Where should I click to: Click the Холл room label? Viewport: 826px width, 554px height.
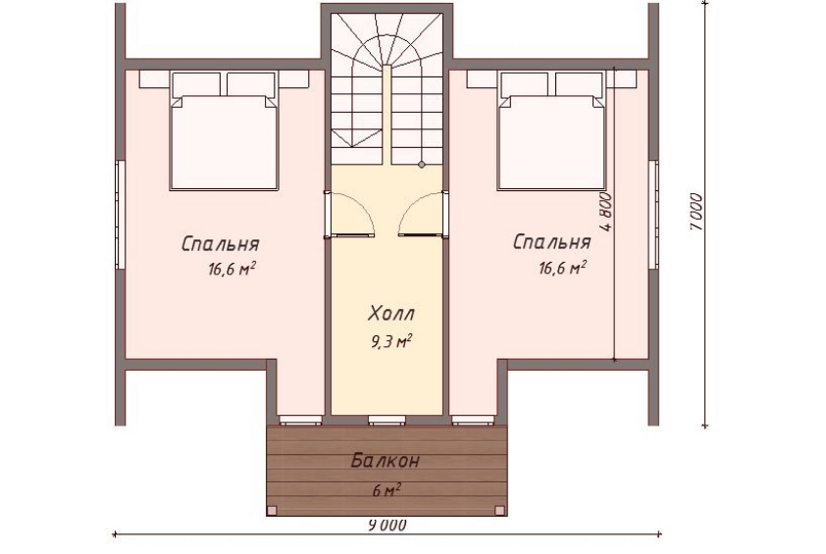point(390,314)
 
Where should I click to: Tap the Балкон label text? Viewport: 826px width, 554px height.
point(386,461)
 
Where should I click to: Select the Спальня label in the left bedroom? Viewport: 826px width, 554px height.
point(220,244)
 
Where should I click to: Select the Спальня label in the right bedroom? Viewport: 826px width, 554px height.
point(551,242)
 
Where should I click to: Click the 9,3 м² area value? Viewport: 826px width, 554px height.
point(390,342)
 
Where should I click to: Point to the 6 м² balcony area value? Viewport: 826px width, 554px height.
point(387,491)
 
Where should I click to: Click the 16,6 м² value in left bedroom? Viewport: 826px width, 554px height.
point(232,270)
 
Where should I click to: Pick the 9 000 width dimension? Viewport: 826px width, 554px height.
point(387,525)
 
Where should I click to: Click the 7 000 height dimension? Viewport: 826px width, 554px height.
point(696,212)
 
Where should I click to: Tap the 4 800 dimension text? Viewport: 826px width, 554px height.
point(607,212)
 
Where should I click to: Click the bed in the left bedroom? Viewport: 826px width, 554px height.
point(224,131)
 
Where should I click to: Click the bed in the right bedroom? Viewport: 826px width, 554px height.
point(551,131)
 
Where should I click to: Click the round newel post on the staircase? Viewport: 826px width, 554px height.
point(422,165)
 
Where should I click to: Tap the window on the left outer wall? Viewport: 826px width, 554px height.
point(121,215)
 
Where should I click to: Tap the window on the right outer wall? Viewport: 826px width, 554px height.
point(653,214)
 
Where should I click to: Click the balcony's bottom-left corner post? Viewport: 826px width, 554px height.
point(272,510)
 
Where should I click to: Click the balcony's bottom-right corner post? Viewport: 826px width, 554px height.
point(500,510)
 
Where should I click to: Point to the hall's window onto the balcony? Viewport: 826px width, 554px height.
point(387,420)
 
